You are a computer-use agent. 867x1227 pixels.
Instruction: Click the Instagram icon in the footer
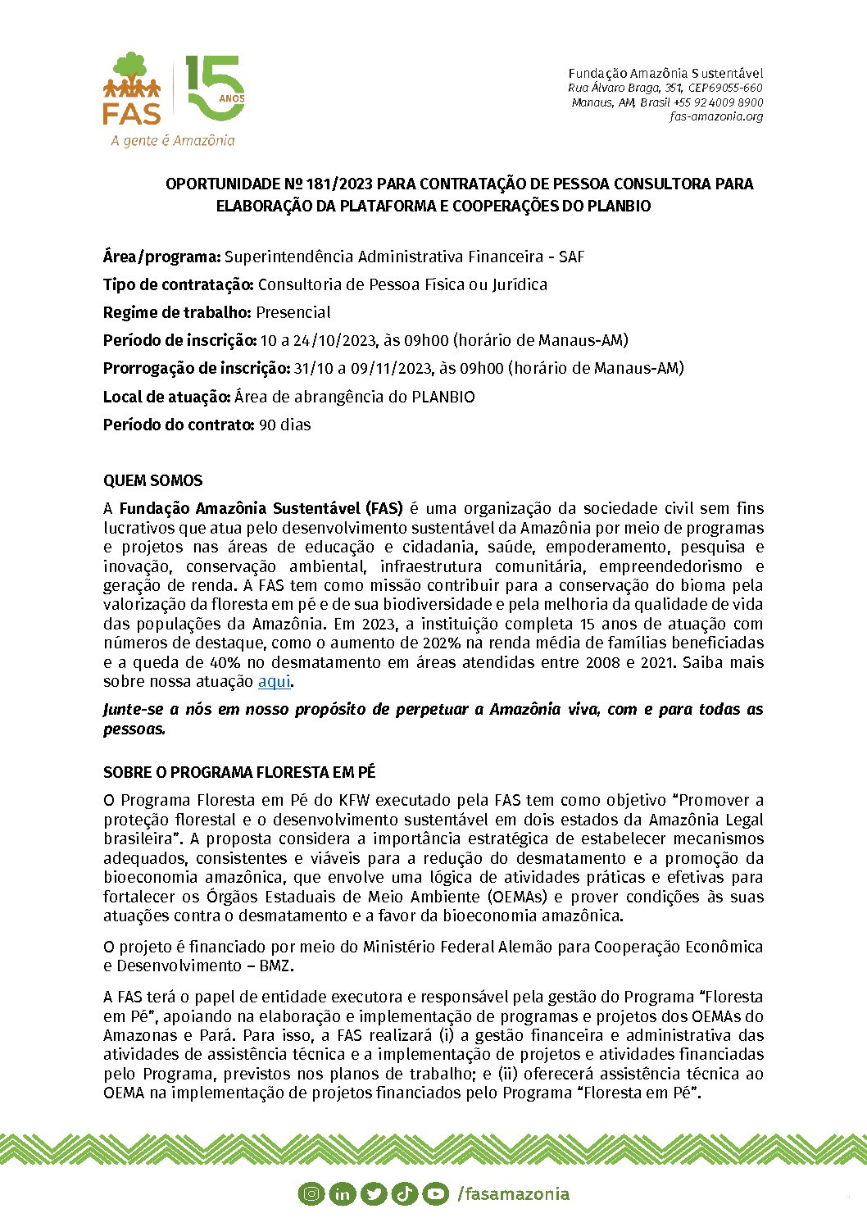pyautogui.click(x=311, y=1193)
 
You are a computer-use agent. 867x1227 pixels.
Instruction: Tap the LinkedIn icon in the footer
pyautogui.click(x=342, y=1193)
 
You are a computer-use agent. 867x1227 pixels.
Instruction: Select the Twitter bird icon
pyautogui.click(x=373, y=1193)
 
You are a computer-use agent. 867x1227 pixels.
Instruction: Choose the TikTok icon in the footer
pyautogui.click(x=404, y=1193)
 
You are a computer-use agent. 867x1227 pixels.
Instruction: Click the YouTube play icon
pyautogui.click(x=435, y=1193)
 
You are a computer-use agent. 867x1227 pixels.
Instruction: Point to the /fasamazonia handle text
pyautogui.click(x=513, y=1193)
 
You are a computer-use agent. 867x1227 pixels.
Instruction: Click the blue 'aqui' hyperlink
pyautogui.click(x=275, y=681)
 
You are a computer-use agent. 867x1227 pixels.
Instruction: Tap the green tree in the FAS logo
pyautogui.click(x=131, y=66)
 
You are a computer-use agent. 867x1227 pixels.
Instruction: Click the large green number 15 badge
pyautogui.click(x=215, y=89)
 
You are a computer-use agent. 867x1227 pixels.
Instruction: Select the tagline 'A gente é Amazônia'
pyautogui.click(x=173, y=140)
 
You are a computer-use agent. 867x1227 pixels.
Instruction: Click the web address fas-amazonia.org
pyautogui.click(x=716, y=116)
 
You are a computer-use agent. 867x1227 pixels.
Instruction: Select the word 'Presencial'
pyautogui.click(x=293, y=312)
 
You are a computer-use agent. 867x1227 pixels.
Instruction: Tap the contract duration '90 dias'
pyautogui.click(x=284, y=425)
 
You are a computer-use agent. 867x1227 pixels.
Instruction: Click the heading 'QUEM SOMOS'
pyautogui.click(x=153, y=480)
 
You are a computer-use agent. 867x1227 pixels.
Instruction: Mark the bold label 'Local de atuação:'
pyautogui.click(x=166, y=397)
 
